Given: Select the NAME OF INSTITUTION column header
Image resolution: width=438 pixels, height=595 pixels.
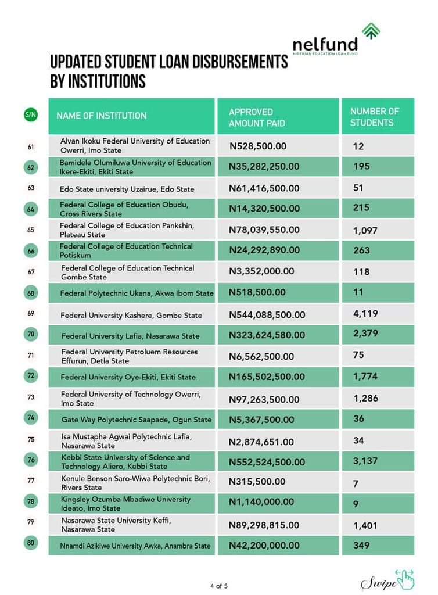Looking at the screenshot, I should point(102,116).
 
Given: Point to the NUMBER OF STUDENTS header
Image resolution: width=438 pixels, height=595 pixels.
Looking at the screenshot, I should point(375,117).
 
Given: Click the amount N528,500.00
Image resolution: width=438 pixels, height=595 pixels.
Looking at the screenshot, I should point(257,146).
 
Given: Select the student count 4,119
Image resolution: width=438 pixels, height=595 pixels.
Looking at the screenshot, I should point(365,314).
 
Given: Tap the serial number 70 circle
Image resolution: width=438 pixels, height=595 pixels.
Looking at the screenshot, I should point(31,334).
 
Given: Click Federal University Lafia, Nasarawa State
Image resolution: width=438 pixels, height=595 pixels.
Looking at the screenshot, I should point(130,336).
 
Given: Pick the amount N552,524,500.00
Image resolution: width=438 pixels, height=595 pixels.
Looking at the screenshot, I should point(267,462).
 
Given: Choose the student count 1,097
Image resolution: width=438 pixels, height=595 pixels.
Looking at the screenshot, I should point(365,230).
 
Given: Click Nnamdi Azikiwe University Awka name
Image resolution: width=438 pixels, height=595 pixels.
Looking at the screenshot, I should point(135,546).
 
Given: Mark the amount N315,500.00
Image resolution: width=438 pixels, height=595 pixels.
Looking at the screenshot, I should point(257,482).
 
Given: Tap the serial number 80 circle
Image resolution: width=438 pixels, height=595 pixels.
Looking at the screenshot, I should point(31,543).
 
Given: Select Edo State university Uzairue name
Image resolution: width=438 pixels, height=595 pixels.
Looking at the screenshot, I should point(127,189).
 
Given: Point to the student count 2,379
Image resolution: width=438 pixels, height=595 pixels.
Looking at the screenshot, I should point(365,334).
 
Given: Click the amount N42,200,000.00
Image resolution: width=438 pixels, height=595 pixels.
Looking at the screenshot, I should point(264,546).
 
